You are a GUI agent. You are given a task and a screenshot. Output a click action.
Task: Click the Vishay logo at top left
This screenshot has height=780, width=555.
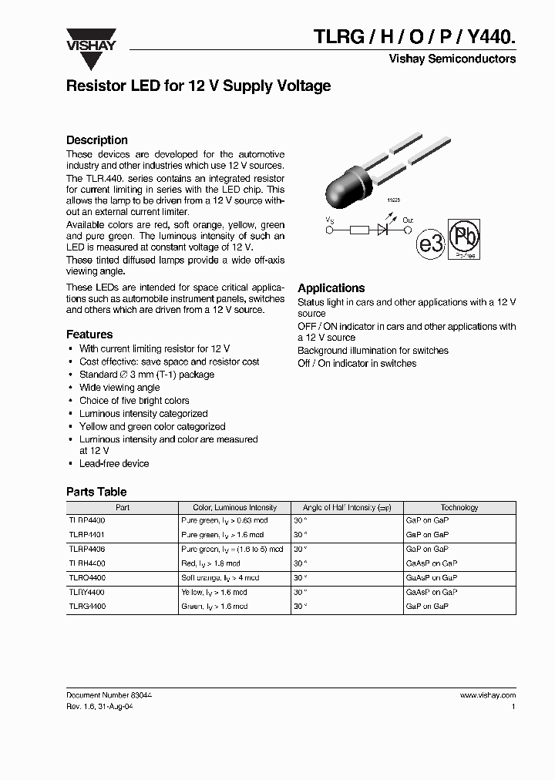pyautogui.click(x=90, y=39)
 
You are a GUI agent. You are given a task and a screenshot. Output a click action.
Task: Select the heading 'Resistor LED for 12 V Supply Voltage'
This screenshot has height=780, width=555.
pyautogui.click(x=198, y=86)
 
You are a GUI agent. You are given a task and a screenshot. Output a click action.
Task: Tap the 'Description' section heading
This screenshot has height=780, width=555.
pyautogui.click(x=97, y=140)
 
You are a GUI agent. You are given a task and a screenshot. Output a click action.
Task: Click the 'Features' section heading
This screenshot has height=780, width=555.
pyautogui.click(x=89, y=335)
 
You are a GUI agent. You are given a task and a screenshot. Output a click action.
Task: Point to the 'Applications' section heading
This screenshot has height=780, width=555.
pyautogui.click(x=331, y=287)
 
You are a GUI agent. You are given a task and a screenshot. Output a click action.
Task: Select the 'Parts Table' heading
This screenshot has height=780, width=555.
pyautogui.click(x=96, y=492)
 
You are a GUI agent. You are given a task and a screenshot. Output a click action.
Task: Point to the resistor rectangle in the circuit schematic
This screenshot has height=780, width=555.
pyautogui.click(x=360, y=229)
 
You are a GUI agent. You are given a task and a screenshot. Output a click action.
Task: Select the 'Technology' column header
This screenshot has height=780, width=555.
pyautogui.click(x=459, y=508)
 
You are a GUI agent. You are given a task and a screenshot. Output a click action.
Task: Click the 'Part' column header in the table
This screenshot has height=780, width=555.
pyautogui.click(x=123, y=508)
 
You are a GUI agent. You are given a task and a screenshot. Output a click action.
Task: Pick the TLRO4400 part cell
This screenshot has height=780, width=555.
pyautogui.click(x=87, y=578)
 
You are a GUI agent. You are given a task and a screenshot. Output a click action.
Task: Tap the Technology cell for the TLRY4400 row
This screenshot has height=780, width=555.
pyautogui.click(x=432, y=592)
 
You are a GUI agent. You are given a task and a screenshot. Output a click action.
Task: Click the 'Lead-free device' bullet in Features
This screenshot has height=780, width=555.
pyautogui.click(x=114, y=463)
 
